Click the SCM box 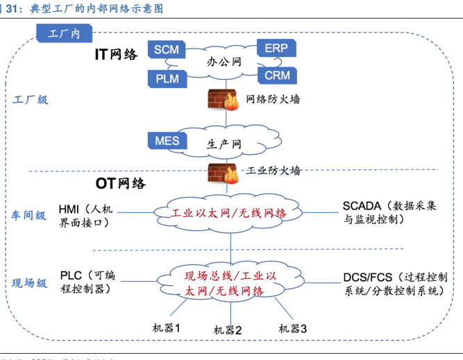click(x=166, y=50)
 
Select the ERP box click(x=276, y=48)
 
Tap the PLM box click(x=167, y=78)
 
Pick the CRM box click(x=276, y=75)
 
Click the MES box click(x=167, y=142)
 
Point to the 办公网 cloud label click(x=224, y=62)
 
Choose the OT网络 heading click(x=121, y=184)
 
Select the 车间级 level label click(x=29, y=216)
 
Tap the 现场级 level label click(x=29, y=283)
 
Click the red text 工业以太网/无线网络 click(x=229, y=213)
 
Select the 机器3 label click(x=292, y=327)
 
